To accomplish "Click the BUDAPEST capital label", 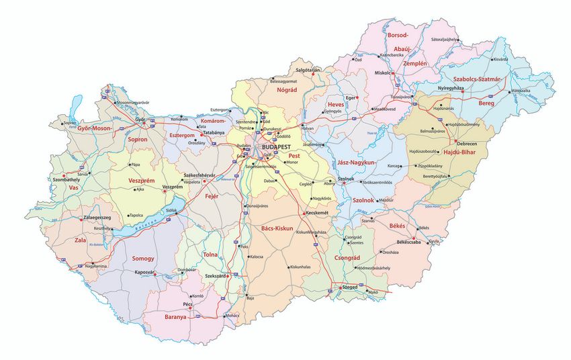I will (276, 146).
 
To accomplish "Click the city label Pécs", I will (187, 304).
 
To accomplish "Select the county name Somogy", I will (143, 259).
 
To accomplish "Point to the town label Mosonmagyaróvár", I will (133, 102).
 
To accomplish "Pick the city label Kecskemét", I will (319, 213).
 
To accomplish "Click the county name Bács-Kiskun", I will (277, 228).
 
